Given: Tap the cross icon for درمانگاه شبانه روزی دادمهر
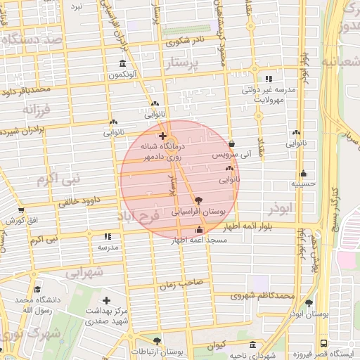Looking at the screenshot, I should click(162, 136).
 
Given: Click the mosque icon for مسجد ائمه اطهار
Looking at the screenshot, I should click(198, 230).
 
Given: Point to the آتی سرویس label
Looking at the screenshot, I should click(231, 153).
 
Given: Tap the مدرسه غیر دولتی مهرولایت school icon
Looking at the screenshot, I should click(269, 79).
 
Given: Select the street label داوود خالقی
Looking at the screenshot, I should click(75, 202).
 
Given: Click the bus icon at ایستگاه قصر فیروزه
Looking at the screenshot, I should click(323, 344).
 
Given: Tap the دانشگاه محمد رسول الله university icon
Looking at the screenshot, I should click(37, 289).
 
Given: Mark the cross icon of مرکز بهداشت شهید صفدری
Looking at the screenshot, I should click(106, 300).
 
